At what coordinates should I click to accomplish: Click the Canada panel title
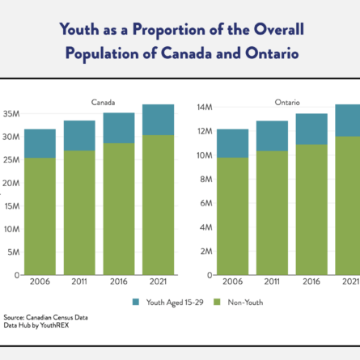click(103, 103)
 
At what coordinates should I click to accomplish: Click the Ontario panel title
click(287, 103)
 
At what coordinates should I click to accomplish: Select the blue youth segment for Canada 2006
click(40, 143)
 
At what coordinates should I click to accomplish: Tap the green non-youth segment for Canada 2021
click(159, 205)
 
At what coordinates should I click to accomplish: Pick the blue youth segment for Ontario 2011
click(272, 136)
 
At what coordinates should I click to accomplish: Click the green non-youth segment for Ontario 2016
click(311, 210)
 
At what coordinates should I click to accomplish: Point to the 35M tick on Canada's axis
click(11, 114)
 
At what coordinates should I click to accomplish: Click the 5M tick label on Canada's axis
click(14, 252)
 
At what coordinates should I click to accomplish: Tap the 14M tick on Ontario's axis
click(205, 108)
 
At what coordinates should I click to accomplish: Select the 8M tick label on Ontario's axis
click(206, 180)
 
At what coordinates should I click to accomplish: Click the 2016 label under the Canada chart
click(119, 282)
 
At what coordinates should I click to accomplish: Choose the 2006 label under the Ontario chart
click(232, 282)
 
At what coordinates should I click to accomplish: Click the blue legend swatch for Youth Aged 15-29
click(136, 302)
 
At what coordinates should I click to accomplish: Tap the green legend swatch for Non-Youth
click(217, 302)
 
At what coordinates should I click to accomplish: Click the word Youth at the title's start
click(79, 29)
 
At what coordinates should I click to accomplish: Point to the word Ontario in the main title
click(272, 53)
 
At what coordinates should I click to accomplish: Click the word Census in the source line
click(63, 317)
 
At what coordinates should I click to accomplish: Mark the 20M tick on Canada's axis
click(11, 184)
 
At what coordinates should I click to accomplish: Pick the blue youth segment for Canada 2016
click(119, 128)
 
